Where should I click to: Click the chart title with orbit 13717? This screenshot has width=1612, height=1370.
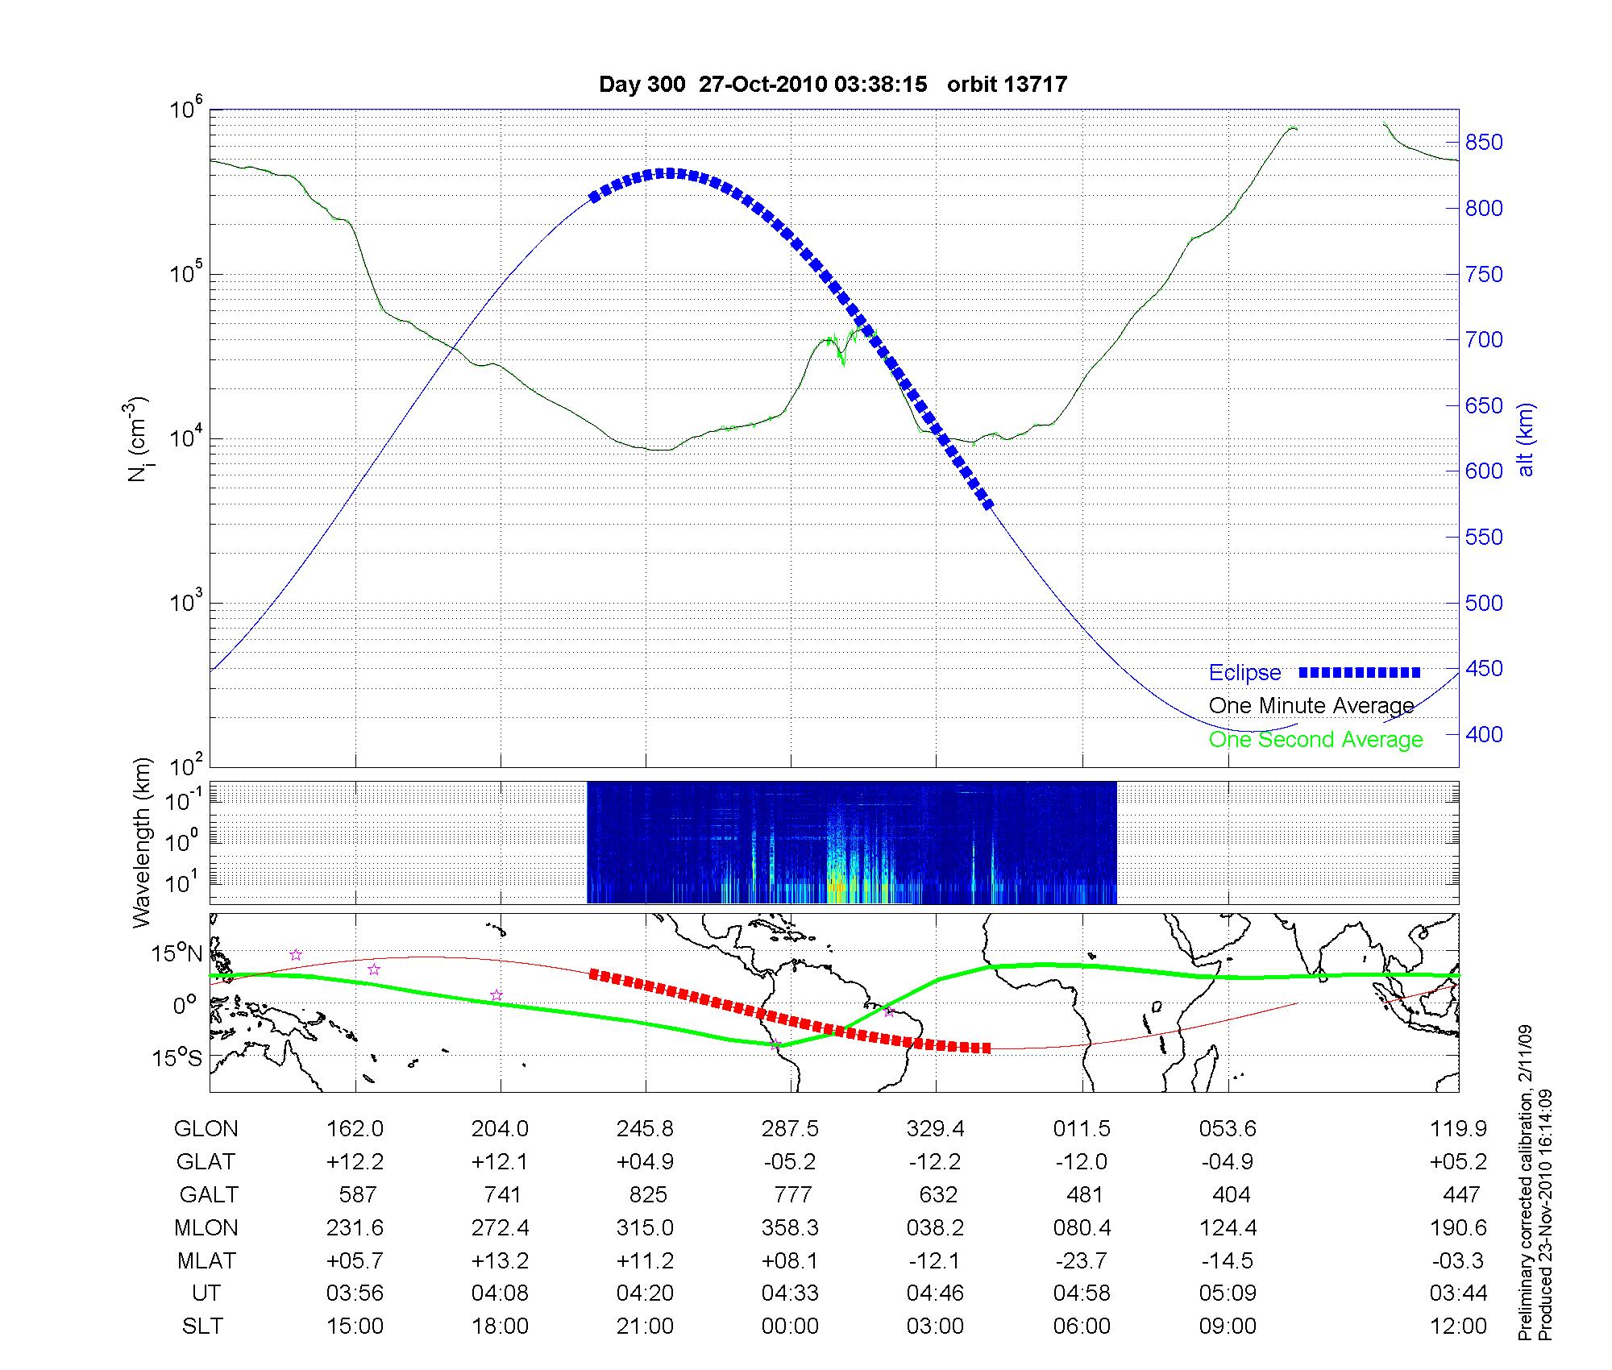tap(833, 85)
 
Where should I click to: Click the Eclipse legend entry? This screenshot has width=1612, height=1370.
tap(1244, 673)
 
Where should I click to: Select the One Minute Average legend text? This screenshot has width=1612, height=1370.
tap(1311, 706)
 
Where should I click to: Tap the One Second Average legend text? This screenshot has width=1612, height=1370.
tap(1315, 740)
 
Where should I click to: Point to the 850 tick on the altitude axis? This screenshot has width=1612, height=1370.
tap(1484, 143)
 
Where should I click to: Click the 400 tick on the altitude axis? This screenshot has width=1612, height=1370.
tap(1484, 734)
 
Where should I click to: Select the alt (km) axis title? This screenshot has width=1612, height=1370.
tap(1526, 440)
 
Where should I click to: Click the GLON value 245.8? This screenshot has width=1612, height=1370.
tap(645, 1128)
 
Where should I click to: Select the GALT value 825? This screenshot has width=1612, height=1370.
tap(648, 1194)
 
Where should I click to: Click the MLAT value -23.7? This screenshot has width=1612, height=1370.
tap(1082, 1260)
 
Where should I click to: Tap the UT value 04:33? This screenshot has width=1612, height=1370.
tap(790, 1293)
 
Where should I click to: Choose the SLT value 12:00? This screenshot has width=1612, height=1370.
tap(1457, 1326)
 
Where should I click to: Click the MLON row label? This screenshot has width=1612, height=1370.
tap(206, 1227)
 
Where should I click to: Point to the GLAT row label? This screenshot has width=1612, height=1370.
tap(206, 1161)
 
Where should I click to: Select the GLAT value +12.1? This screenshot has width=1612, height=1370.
tap(500, 1161)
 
